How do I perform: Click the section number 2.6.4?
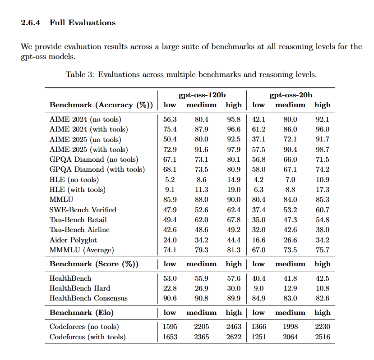(x=32, y=23)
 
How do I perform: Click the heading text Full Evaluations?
(x=83, y=23)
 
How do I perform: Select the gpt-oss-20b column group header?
(x=291, y=95)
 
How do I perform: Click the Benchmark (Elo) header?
(x=82, y=312)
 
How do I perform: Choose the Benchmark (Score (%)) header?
(x=94, y=264)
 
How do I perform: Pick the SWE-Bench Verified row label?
(x=83, y=210)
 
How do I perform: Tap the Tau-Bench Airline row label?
(x=79, y=229)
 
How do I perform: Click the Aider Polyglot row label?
(x=73, y=240)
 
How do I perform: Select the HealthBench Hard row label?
(x=79, y=288)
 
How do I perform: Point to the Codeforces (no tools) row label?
(x=84, y=327)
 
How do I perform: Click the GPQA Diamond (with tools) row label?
(x=97, y=169)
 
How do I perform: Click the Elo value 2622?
(x=233, y=337)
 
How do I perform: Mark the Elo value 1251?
(x=259, y=337)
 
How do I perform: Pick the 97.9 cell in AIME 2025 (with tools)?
(x=233, y=149)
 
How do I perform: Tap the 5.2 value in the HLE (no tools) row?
(x=170, y=179)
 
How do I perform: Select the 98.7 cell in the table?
(x=322, y=149)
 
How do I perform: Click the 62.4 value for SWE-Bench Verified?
(x=233, y=210)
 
